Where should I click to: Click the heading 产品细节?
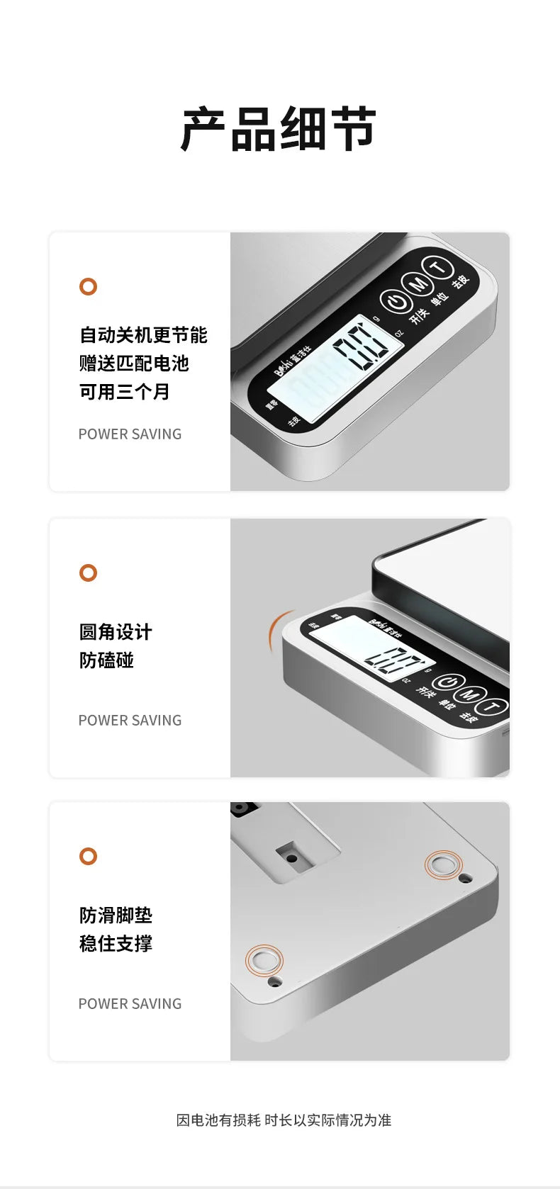click(x=279, y=130)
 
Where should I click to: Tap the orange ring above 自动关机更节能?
click(x=88, y=287)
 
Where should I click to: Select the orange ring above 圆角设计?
click(x=88, y=573)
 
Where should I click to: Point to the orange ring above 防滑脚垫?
click(x=88, y=856)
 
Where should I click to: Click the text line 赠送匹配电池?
click(x=134, y=364)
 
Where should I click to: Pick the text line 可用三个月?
click(x=125, y=392)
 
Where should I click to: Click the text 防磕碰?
click(x=106, y=660)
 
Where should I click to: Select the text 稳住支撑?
click(x=116, y=944)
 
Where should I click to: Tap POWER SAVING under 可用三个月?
click(x=130, y=434)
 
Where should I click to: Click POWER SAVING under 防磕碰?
click(x=130, y=721)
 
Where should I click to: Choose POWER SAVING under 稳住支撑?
click(x=130, y=1004)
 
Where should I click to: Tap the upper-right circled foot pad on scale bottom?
click(x=443, y=865)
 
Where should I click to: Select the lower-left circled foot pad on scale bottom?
click(x=264, y=961)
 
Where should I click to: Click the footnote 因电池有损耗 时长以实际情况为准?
click(x=284, y=1120)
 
